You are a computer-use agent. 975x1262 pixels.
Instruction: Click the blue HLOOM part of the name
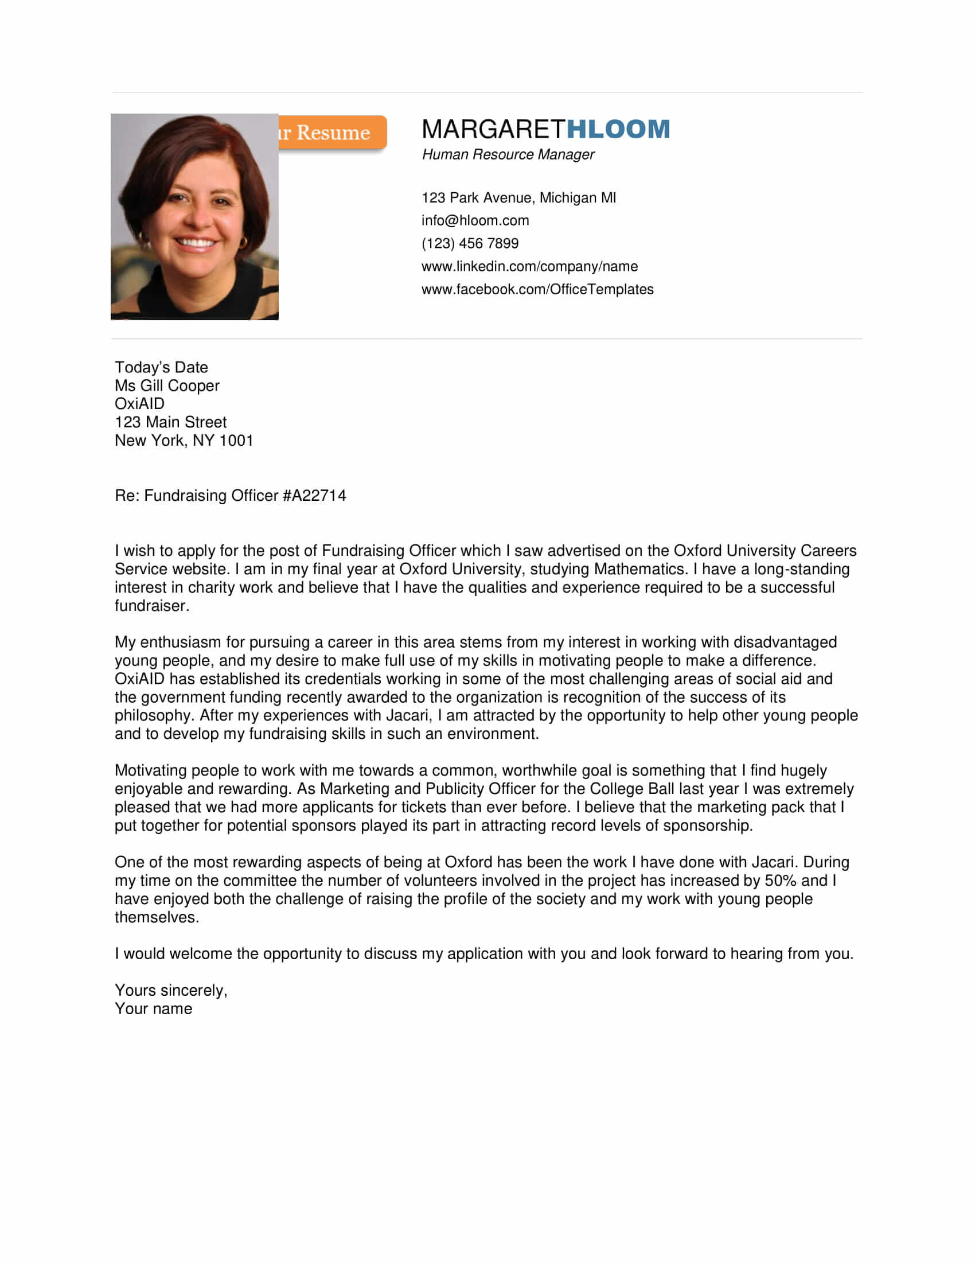click(618, 129)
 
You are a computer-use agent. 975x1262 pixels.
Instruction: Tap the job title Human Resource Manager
click(508, 154)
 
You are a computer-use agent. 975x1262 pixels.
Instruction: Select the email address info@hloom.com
click(475, 220)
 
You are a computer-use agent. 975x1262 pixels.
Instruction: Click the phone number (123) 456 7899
click(470, 243)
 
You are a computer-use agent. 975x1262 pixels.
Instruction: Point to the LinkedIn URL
click(529, 266)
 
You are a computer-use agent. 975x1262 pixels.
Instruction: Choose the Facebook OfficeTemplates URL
click(537, 289)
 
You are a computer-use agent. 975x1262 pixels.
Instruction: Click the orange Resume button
click(332, 133)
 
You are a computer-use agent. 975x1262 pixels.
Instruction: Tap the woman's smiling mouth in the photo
click(194, 243)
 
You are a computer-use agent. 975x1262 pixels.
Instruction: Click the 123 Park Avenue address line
click(518, 198)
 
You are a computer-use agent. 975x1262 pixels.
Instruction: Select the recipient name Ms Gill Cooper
click(167, 385)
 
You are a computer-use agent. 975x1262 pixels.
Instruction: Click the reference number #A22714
click(314, 495)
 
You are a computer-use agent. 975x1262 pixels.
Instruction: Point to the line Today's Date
click(161, 367)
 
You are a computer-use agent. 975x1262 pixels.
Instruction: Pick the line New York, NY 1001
click(184, 441)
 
